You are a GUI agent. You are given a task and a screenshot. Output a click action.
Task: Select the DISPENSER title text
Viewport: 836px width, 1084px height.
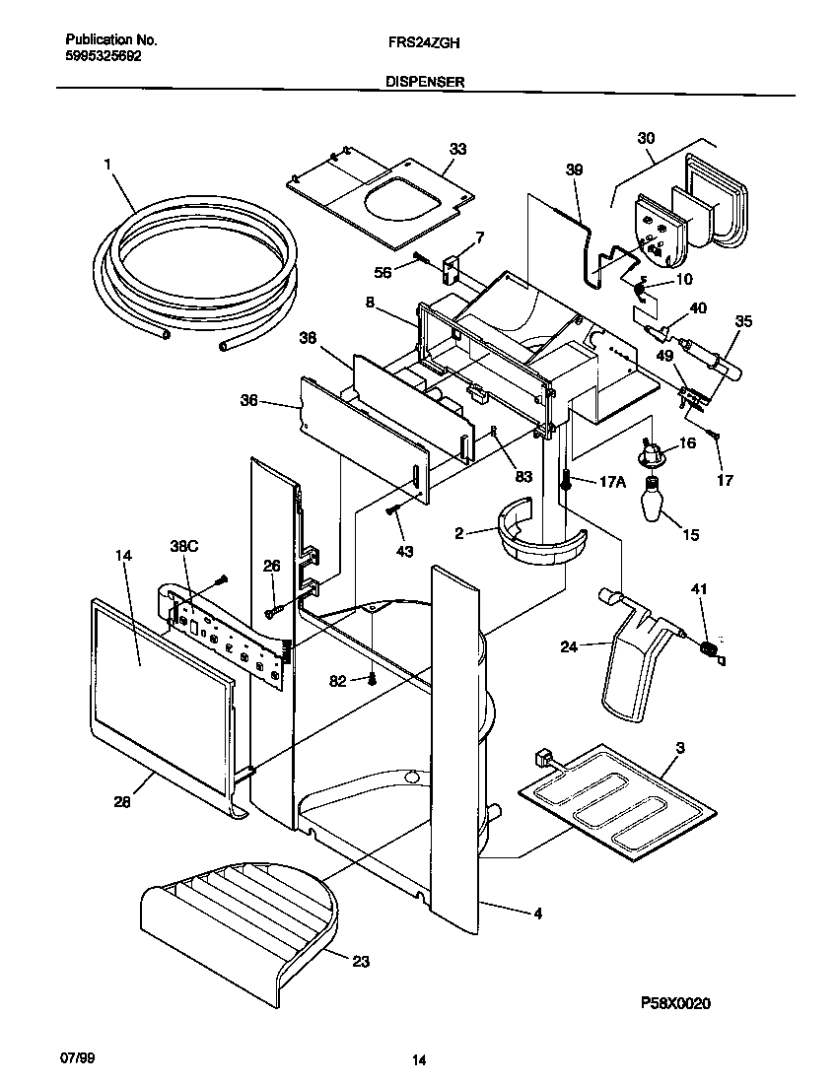[x=424, y=85]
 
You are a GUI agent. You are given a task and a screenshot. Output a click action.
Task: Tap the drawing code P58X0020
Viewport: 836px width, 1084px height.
[x=675, y=1003]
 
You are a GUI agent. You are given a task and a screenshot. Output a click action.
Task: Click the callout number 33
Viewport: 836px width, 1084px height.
[x=458, y=149]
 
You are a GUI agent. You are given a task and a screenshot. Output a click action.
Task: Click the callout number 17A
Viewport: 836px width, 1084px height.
[x=612, y=482]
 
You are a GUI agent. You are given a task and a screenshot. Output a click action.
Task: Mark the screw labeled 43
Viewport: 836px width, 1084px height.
[x=392, y=509]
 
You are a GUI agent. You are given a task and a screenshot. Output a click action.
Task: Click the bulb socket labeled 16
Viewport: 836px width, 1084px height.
[x=650, y=453]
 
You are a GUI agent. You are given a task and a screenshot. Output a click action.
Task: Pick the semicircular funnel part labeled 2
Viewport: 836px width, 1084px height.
[x=537, y=537]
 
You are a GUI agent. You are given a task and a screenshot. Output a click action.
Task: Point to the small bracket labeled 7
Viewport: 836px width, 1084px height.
[x=453, y=267]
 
